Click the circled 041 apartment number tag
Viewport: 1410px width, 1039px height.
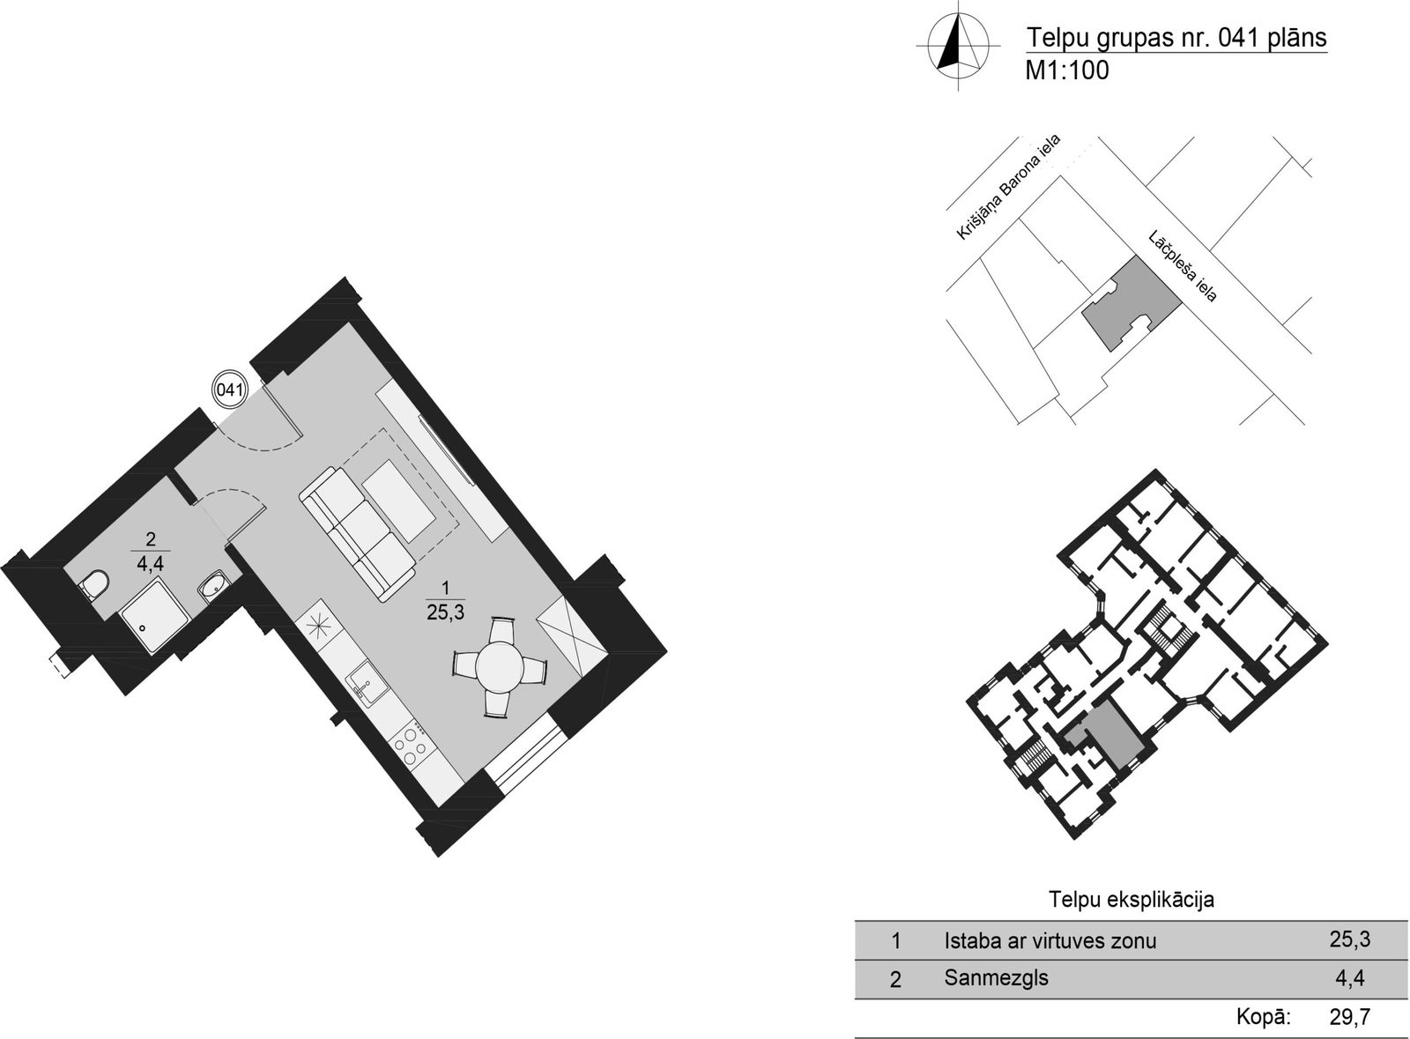click(x=230, y=390)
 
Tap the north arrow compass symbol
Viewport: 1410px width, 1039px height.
click(x=958, y=45)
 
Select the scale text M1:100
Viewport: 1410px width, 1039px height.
click(x=1067, y=71)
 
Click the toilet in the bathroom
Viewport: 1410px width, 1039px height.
click(x=94, y=584)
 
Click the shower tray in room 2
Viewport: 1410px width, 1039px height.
click(x=155, y=618)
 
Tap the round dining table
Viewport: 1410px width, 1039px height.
click(x=500, y=666)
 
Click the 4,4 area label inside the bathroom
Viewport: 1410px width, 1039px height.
click(x=150, y=562)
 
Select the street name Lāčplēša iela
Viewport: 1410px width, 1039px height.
click(x=1182, y=266)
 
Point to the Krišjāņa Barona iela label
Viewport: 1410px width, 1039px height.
click(x=1008, y=187)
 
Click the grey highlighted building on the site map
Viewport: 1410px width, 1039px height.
click(x=1131, y=302)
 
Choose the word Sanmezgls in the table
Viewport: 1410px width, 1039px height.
click(x=997, y=977)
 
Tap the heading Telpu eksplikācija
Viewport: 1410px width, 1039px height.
click(x=1132, y=899)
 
